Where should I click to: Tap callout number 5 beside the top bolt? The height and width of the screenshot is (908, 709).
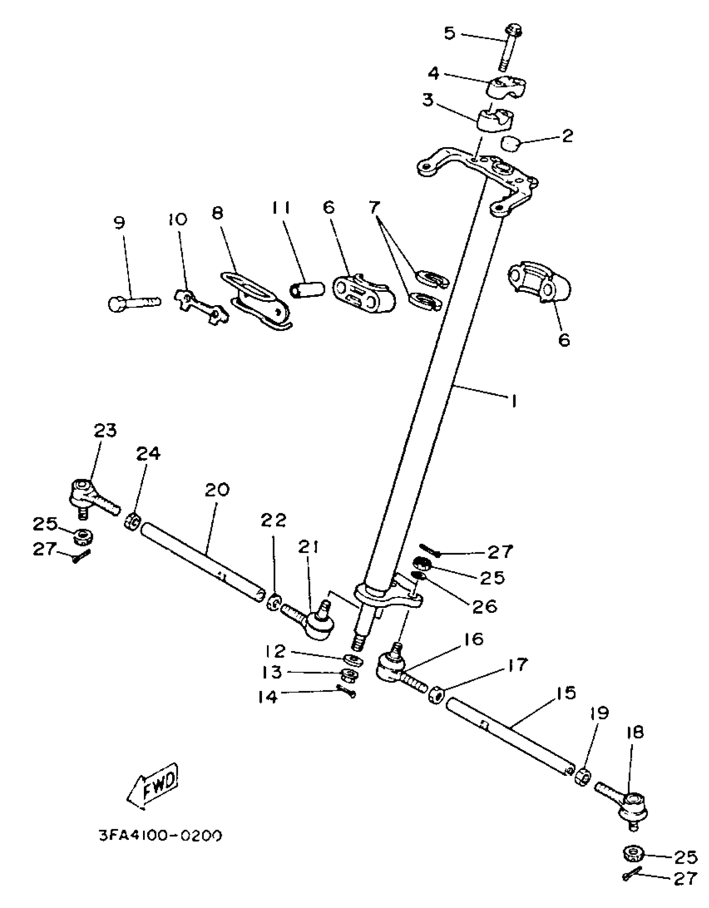click(449, 33)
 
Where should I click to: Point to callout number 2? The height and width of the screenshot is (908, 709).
click(567, 136)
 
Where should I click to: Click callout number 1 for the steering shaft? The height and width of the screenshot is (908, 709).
click(513, 401)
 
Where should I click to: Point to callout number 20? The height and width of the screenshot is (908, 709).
click(217, 490)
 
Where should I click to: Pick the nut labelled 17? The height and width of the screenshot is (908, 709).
click(436, 695)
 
